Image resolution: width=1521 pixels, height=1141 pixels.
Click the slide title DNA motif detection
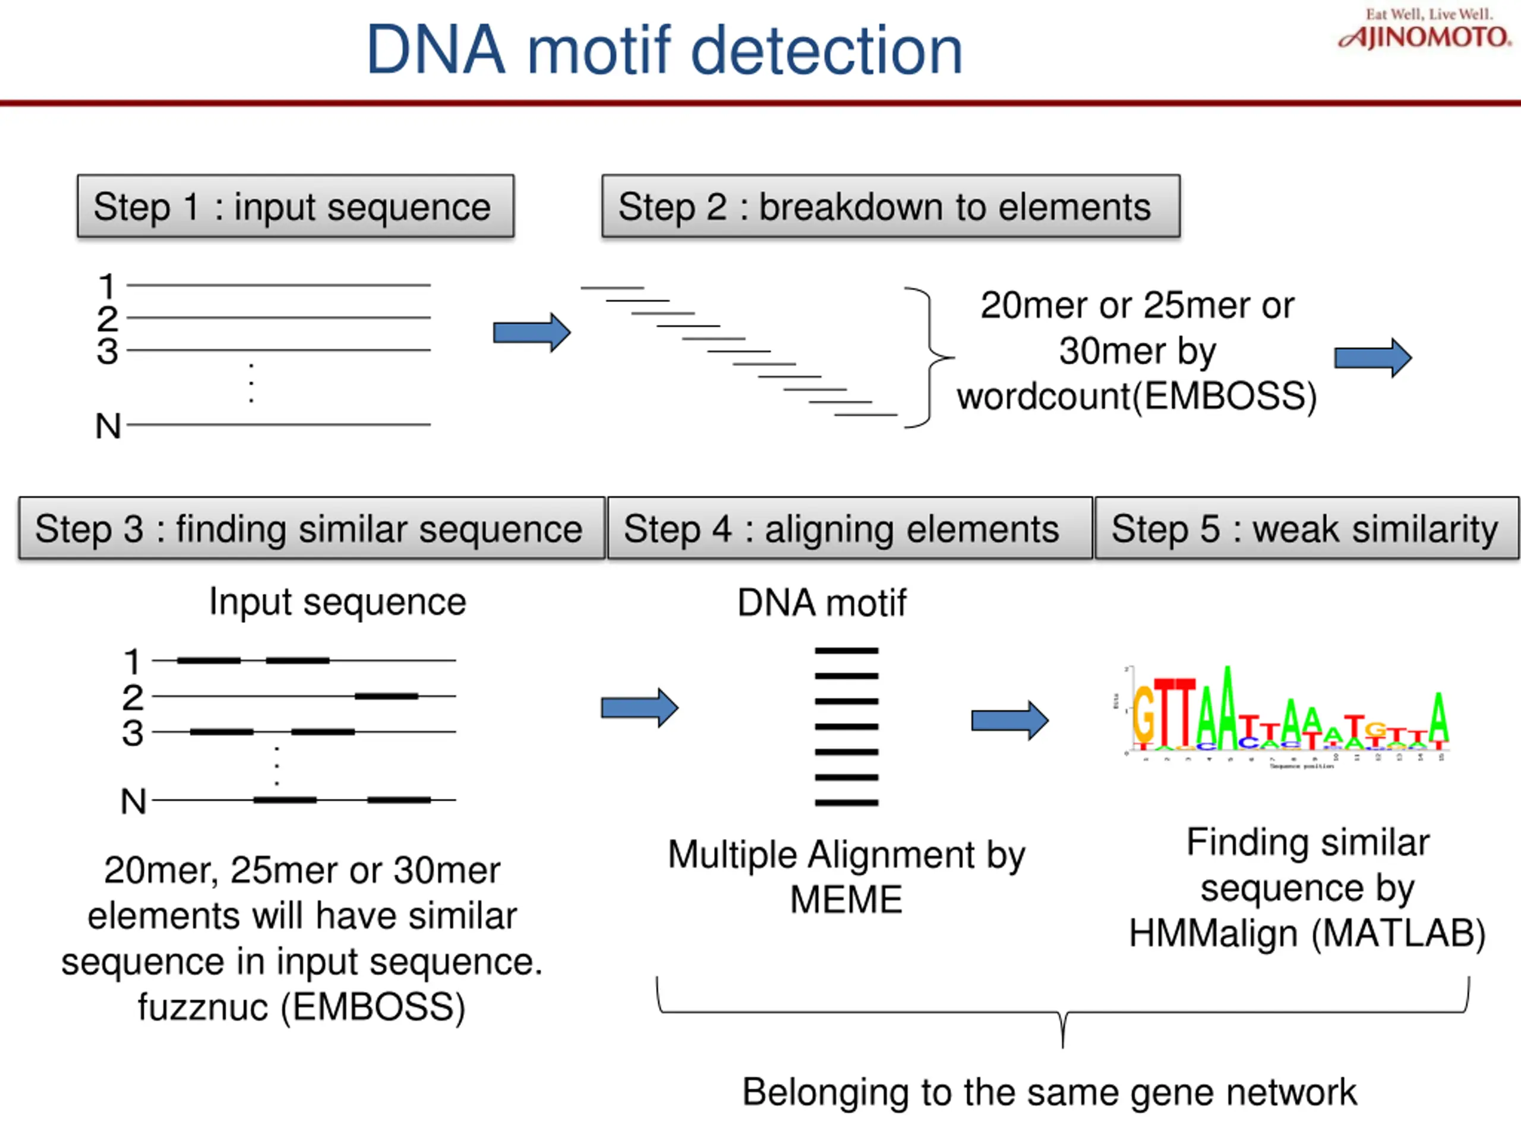(664, 51)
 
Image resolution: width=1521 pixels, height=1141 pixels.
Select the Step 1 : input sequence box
(296, 206)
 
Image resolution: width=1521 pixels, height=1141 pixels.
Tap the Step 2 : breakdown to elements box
(891, 206)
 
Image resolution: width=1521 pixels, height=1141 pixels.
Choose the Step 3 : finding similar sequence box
(311, 528)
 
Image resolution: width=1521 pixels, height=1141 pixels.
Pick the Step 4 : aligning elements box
(849, 528)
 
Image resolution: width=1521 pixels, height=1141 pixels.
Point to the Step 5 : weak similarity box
(1306, 528)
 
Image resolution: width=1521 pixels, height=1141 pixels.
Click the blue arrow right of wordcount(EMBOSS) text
(1372, 358)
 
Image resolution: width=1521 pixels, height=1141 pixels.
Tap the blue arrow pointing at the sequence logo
(1009, 720)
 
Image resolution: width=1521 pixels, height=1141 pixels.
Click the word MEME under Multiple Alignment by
(846, 900)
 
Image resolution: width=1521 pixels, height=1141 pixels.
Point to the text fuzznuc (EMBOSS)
(301, 1007)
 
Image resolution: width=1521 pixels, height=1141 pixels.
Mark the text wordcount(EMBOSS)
(1137, 396)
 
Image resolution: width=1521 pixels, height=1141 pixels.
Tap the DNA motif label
(822, 603)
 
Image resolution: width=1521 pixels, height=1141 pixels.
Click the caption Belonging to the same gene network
(1049, 1092)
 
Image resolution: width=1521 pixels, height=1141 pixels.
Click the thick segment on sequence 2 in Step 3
(386, 696)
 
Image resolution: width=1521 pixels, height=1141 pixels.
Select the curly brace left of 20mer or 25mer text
(928, 358)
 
